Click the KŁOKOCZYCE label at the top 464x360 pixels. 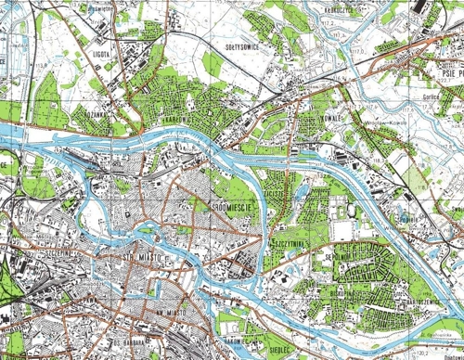tap(340, 9)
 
